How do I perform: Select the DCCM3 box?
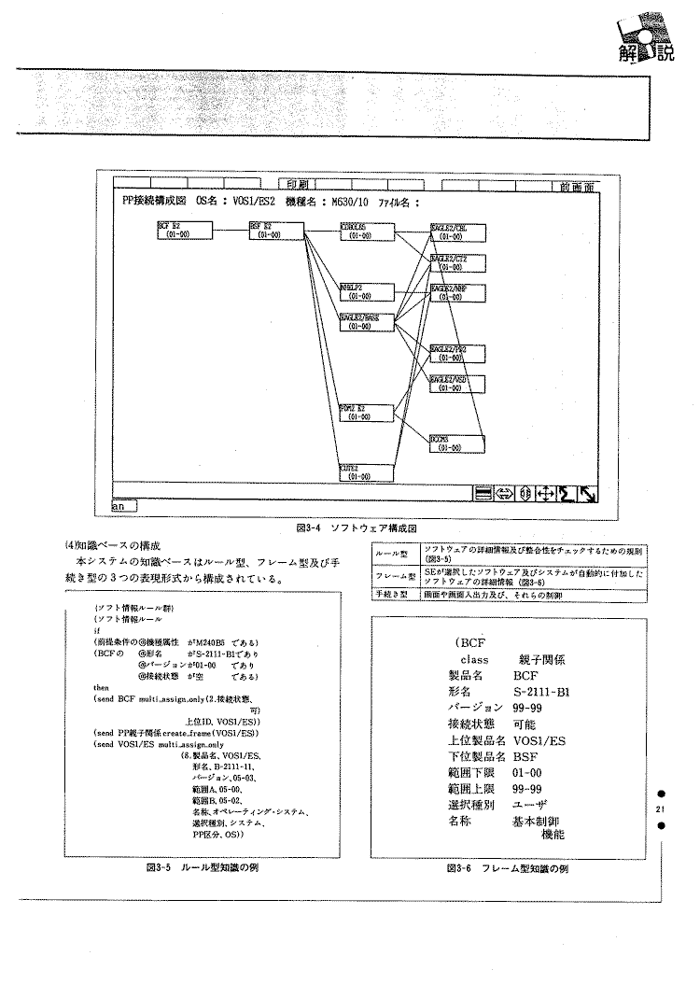click(455, 443)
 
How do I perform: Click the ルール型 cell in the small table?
click(387, 552)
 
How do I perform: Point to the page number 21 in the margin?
click(660, 808)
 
